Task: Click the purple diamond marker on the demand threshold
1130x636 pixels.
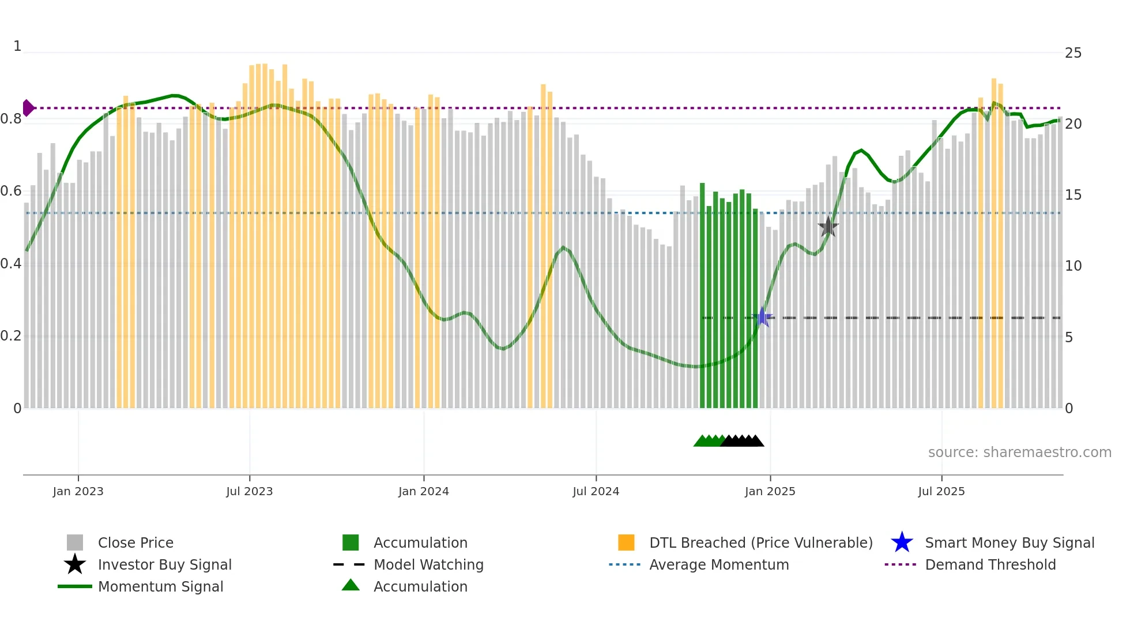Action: [x=28, y=108]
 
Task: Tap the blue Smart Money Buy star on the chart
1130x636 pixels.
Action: [x=763, y=317]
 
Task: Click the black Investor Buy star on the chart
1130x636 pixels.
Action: [x=828, y=227]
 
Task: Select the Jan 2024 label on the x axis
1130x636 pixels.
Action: [x=423, y=491]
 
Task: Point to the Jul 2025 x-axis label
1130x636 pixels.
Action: [x=941, y=491]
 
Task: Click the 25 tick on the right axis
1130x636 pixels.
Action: [x=1073, y=53]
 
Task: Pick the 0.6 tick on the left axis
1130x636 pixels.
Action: [x=11, y=191]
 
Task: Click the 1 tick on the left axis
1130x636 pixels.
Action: [x=17, y=46]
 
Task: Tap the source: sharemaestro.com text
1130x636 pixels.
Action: [x=1019, y=452]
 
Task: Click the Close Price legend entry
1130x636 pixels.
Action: [x=135, y=543]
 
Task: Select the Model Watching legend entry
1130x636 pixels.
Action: [x=428, y=564]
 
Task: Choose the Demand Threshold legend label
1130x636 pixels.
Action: [x=990, y=564]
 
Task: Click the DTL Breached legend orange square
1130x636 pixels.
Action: [x=626, y=543]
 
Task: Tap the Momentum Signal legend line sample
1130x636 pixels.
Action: [x=75, y=586]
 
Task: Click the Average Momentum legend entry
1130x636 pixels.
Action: [x=718, y=564]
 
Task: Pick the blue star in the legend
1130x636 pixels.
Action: [x=902, y=543]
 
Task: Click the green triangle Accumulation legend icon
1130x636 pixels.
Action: [x=351, y=585]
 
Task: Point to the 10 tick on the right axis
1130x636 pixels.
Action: [x=1073, y=266]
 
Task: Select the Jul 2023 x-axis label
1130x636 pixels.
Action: [x=249, y=491]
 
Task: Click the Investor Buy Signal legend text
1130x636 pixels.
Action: [x=164, y=564]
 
